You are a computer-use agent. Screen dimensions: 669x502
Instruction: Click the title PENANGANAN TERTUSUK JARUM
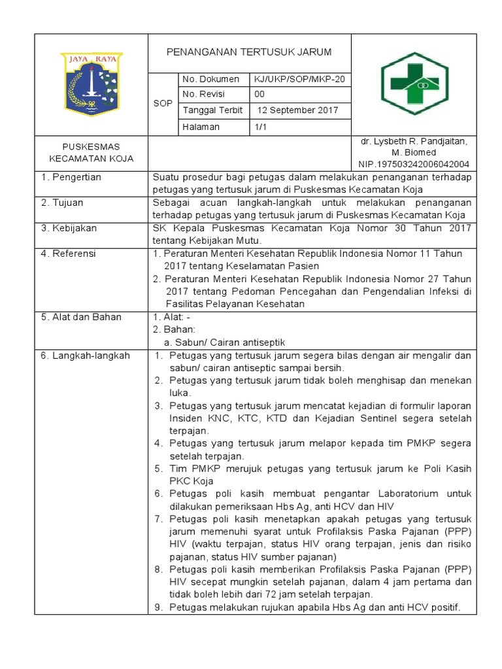click(x=249, y=52)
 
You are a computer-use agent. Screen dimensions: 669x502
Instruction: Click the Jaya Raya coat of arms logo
click(x=92, y=84)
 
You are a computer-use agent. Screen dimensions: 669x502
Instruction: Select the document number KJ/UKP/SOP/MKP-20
click(x=299, y=80)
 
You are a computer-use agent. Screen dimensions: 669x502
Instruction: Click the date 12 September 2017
click(x=297, y=110)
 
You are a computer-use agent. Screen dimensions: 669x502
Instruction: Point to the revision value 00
click(x=259, y=95)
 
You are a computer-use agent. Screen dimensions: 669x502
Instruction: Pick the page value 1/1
click(x=261, y=127)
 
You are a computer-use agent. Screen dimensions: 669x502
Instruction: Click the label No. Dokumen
click(x=207, y=80)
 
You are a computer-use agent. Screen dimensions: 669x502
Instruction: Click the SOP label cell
click(x=163, y=103)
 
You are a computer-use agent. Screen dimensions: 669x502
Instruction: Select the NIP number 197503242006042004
click(x=414, y=164)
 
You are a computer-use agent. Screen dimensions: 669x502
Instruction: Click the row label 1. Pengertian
click(x=71, y=177)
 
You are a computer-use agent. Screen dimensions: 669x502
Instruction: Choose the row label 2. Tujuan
click(x=63, y=203)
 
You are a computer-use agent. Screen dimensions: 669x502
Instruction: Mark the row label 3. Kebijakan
click(x=69, y=228)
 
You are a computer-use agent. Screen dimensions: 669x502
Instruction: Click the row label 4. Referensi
click(x=69, y=253)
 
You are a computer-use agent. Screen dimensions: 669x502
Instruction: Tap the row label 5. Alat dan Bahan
click(x=81, y=317)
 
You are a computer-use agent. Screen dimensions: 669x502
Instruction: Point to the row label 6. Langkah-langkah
click(x=86, y=355)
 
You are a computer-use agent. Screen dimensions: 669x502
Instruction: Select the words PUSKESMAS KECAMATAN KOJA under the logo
click(x=92, y=152)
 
